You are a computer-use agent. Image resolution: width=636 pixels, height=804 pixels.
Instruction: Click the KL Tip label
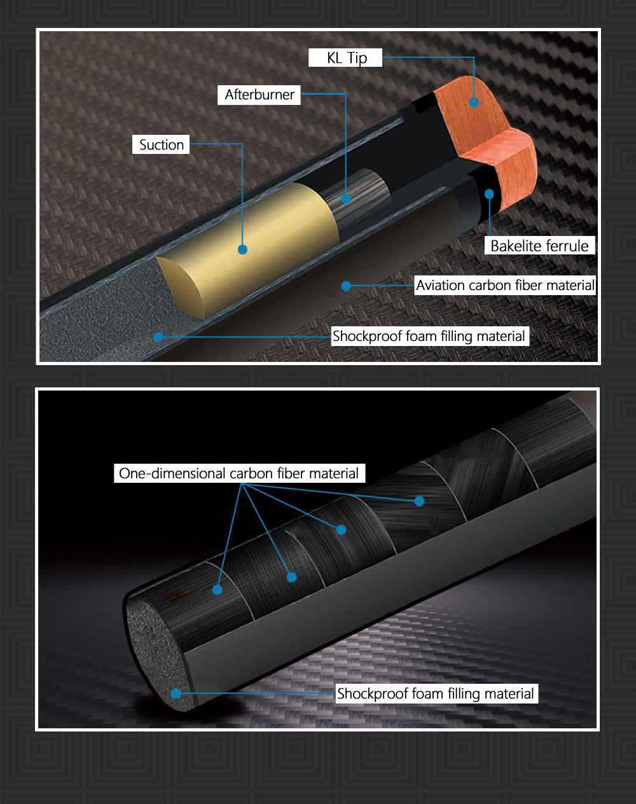click(x=345, y=58)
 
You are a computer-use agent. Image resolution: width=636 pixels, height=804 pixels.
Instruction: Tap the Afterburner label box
click(x=259, y=95)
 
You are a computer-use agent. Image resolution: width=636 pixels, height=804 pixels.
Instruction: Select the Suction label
click(x=161, y=144)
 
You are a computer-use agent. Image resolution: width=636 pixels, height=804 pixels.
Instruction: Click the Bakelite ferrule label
click(x=539, y=246)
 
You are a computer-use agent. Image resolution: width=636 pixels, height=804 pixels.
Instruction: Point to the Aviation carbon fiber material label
click(x=505, y=286)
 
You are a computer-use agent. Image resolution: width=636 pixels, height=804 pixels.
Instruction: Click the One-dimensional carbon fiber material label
click(x=239, y=473)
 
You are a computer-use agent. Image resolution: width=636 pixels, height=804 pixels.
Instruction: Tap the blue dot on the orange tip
click(x=474, y=102)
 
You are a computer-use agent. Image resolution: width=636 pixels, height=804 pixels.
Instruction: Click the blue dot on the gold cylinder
click(x=242, y=249)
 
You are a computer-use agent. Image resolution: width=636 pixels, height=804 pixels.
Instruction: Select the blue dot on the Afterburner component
click(x=346, y=198)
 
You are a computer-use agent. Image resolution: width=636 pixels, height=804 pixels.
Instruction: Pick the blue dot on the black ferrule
click(x=489, y=194)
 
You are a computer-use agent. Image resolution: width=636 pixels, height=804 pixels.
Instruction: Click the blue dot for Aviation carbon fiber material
click(x=346, y=286)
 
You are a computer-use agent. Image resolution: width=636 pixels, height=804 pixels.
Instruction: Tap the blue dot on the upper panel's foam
click(x=158, y=337)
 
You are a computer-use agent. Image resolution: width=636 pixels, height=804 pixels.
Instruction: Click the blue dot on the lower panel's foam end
click(x=176, y=694)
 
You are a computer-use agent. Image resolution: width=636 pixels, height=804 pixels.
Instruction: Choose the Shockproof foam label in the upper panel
click(x=430, y=336)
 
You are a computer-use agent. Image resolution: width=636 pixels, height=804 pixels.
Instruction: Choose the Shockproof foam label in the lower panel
click(x=436, y=694)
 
